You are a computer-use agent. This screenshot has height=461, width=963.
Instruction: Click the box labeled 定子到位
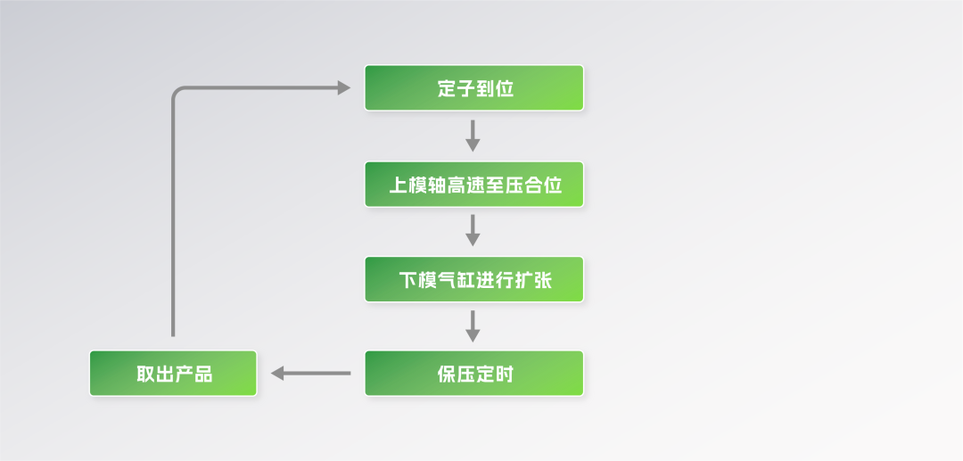(473, 88)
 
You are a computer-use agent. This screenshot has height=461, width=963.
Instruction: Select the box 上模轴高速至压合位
(473, 185)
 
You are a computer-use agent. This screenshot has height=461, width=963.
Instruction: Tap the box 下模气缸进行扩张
(473, 280)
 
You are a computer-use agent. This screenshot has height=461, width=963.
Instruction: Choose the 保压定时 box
(473, 373)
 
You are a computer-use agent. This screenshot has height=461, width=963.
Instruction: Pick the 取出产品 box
(173, 373)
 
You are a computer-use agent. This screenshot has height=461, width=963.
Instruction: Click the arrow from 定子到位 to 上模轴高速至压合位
(473, 136)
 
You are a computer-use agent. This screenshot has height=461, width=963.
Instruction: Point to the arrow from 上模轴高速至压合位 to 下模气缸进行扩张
(473, 231)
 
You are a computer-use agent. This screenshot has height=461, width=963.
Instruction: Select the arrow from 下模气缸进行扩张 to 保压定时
(473, 326)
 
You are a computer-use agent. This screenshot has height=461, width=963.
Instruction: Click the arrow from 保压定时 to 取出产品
(311, 373)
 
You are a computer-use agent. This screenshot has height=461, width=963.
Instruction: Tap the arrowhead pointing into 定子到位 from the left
(343, 87)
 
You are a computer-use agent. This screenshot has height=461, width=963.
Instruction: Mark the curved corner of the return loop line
(177, 92)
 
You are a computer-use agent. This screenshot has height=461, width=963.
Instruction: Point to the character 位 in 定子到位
(504, 89)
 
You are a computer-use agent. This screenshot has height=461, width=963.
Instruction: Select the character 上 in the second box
(398, 185)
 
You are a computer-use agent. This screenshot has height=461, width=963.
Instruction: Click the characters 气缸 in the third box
(457, 281)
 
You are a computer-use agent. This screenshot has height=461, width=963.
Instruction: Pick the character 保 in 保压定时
(447, 374)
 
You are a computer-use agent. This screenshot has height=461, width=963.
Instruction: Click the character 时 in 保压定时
(504, 374)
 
